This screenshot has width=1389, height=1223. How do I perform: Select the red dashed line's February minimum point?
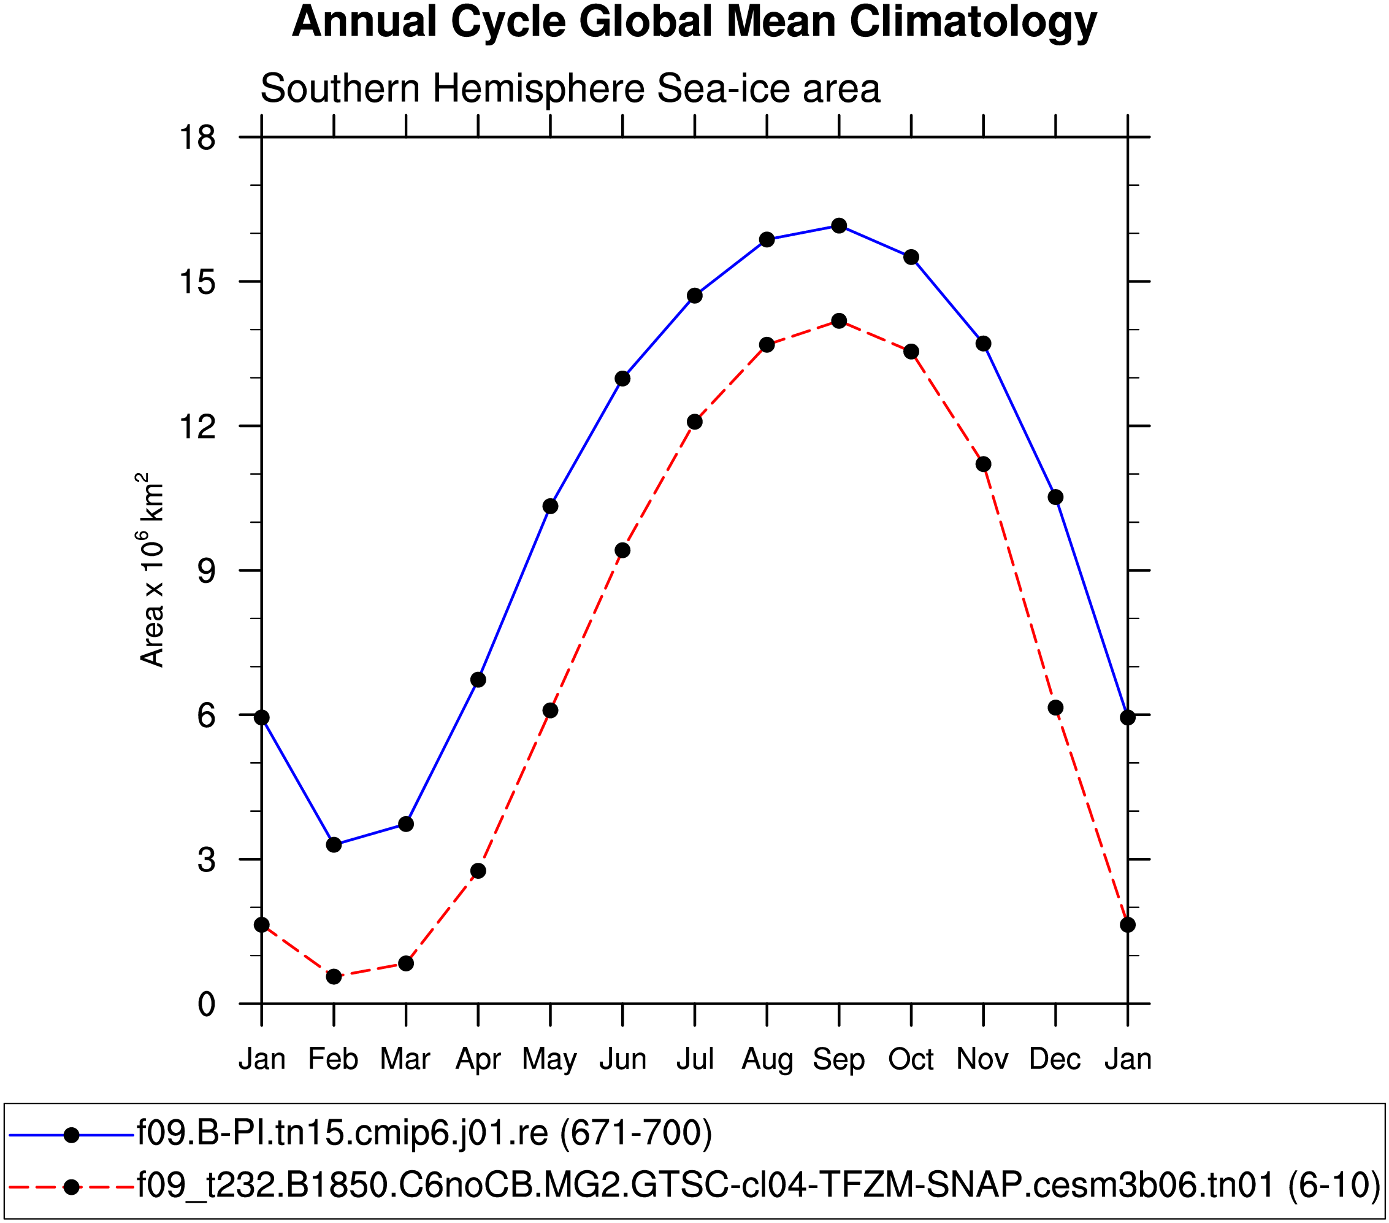[334, 977]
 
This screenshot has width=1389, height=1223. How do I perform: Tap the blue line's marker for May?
[551, 506]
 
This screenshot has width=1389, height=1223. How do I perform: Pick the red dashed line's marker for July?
[694, 422]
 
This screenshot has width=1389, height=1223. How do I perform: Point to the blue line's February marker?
[334, 845]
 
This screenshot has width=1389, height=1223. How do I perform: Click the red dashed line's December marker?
[1055, 708]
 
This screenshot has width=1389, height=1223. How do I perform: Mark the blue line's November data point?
[983, 344]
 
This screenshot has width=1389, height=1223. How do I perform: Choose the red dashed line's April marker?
[478, 871]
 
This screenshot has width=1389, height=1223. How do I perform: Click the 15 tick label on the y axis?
[197, 282]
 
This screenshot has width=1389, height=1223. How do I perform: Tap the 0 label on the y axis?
[207, 1004]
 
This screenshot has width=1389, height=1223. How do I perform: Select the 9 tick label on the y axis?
[207, 571]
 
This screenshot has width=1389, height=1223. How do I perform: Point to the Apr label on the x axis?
[478, 1059]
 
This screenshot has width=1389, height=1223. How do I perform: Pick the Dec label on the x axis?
[1055, 1059]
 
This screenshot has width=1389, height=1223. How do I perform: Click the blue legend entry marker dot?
[71, 1135]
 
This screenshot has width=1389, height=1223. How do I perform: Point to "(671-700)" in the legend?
[636, 1133]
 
